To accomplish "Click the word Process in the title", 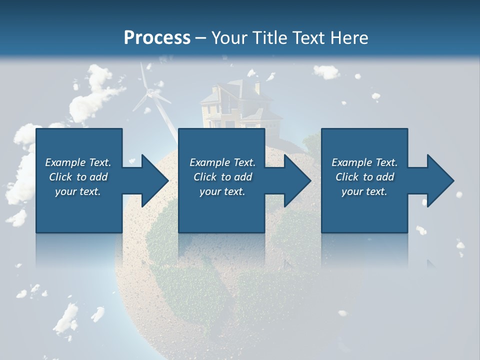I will pyautogui.click(x=157, y=37).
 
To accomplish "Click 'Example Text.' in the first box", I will pyautogui.click(x=78, y=162).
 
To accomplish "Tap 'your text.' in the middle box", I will pyautogui.click(x=222, y=191).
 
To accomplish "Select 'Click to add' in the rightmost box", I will pyautogui.click(x=364, y=177).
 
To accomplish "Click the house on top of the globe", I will pyautogui.click(x=235, y=105).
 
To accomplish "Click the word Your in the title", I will pyautogui.click(x=228, y=37).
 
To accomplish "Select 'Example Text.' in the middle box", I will pyautogui.click(x=222, y=162).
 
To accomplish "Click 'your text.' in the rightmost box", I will pyautogui.click(x=364, y=191).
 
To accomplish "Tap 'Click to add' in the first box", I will pyautogui.click(x=78, y=177).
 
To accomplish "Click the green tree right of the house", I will pyautogui.click(x=311, y=142).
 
